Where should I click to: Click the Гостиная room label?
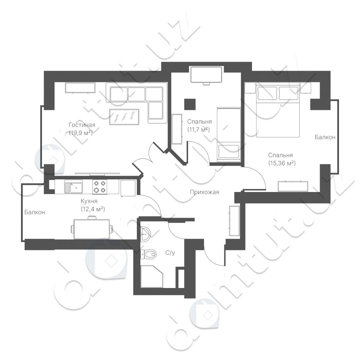pos(82,125)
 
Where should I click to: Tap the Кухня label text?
pos(89,201)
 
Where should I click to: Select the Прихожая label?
pos(204,192)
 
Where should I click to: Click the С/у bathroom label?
pos(170,253)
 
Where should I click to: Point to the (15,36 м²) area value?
pos(282,163)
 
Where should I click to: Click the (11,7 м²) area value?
pos(199,129)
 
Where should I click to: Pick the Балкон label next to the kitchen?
pos(35,212)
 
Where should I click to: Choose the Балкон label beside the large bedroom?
pos(325,137)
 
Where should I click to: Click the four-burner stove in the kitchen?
pos(100,187)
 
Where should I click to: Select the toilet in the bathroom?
pos(148,254)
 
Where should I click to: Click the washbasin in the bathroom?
pos(145,234)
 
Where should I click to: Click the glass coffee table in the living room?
pos(124,117)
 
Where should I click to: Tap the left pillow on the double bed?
pos(267,93)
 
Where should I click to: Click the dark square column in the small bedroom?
pos(190,104)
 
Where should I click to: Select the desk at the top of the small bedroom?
pos(206,75)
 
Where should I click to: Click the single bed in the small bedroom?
pos(229,134)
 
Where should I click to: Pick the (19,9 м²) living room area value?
pos(81,133)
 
